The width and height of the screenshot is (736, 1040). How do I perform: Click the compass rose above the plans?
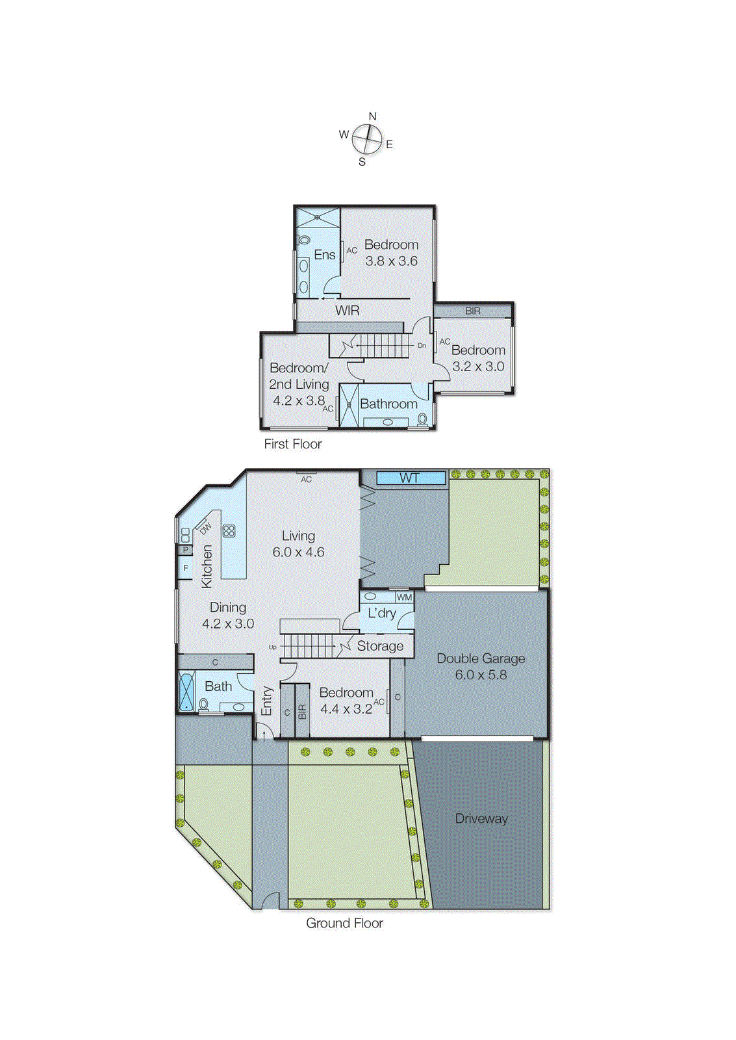click(367, 138)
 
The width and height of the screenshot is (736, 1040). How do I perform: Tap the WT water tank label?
click(409, 478)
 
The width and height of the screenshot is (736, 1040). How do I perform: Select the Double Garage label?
click(481, 658)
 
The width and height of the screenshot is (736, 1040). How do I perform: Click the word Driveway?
click(481, 819)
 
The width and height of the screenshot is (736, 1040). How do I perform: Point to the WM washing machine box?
click(404, 597)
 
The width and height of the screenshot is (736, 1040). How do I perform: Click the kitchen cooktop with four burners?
click(229, 531)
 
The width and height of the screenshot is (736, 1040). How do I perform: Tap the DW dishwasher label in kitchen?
click(205, 528)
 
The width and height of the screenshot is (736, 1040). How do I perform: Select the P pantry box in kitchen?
click(185, 550)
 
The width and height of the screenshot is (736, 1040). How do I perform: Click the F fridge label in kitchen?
click(186, 568)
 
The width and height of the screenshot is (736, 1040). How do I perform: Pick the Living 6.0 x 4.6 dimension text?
click(298, 552)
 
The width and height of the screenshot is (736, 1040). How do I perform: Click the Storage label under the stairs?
click(380, 646)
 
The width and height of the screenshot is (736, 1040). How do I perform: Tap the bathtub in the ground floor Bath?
click(186, 691)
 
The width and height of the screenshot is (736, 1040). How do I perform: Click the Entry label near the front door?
click(266, 701)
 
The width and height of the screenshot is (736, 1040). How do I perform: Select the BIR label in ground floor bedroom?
click(302, 712)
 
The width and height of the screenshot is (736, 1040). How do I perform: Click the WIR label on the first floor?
click(347, 311)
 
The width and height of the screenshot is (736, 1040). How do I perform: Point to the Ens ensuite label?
click(325, 255)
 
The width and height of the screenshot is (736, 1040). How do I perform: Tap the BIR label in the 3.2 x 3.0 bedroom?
click(473, 311)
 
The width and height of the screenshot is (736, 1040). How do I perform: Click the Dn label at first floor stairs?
click(422, 346)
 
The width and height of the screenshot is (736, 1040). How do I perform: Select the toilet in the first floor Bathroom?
click(422, 419)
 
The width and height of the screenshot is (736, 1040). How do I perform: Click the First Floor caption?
click(293, 444)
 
